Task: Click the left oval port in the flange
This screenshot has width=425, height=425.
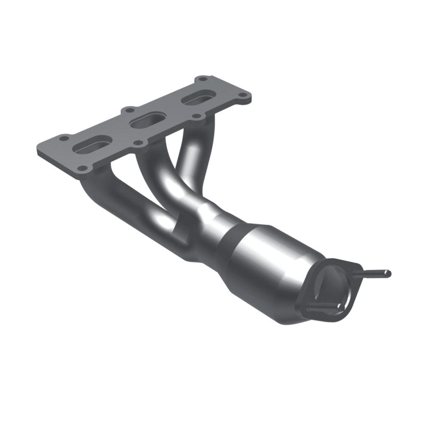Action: click(x=93, y=144)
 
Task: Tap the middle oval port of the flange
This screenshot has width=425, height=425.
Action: click(x=146, y=121)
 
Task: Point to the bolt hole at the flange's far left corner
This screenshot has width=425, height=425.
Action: click(x=64, y=138)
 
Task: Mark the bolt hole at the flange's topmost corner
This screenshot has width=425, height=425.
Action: click(x=202, y=80)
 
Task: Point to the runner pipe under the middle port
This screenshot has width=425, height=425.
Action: click(x=159, y=181)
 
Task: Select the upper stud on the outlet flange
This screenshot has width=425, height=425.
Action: click(x=372, y=274)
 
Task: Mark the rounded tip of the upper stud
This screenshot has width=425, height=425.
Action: click(x=388, y=274)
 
